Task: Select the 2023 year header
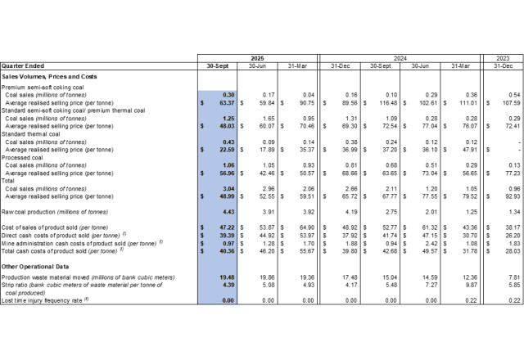click(x=500, y=57)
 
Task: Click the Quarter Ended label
click(x=21, y=65)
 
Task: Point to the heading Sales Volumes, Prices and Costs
click(x=49, y=76)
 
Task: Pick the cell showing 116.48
click(x=381, y=103)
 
